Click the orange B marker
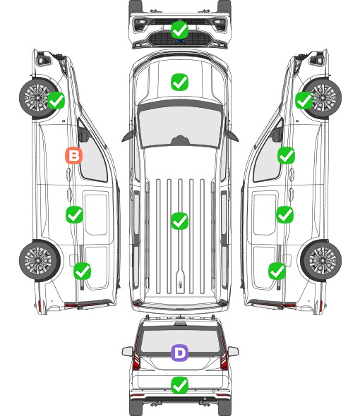[73, 155]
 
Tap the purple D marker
[179, 353]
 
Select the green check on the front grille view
[179, 30]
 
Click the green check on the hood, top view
[179, 82]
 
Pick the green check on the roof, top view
[179, 221]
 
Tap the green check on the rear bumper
[179, 386]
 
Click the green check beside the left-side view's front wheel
[56, 100]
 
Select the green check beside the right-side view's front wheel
[304, 100]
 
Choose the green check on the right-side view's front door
[286, 155]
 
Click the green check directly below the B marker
[74, 214]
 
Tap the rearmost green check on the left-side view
[82, 271]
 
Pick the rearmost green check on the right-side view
[277, 271]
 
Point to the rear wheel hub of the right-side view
[323, 260]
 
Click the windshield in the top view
[180, 127]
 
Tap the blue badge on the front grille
[180, 41]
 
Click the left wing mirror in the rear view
[127, 352]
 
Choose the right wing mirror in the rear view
[233, 352]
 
